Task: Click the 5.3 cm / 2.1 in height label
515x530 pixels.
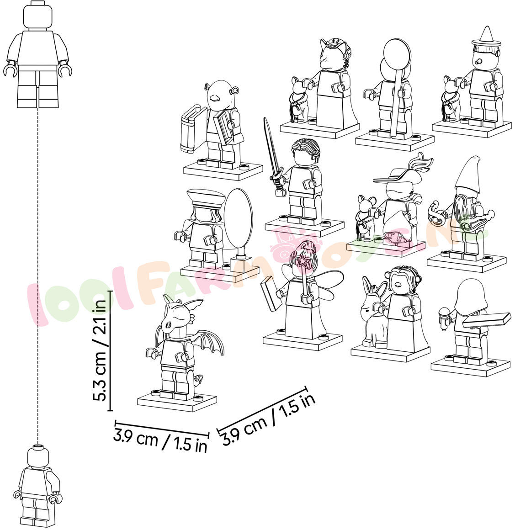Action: pyautogui.click(x=101, y=350)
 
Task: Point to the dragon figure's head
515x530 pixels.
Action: pyautogui.click(x=176, y=313)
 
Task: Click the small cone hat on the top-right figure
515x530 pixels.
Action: pyautogui.click(x=486, y=36)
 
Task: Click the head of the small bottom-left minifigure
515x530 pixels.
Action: pyautogui.click(x=38, y=456)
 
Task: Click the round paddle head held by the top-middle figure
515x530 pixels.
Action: pyautogui.click(x=397, y=54)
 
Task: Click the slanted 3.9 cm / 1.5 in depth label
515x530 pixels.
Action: pyautogui.click(x=269, y=419)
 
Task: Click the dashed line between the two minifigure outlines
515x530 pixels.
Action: pyautogui.click(x=37, y=275)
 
